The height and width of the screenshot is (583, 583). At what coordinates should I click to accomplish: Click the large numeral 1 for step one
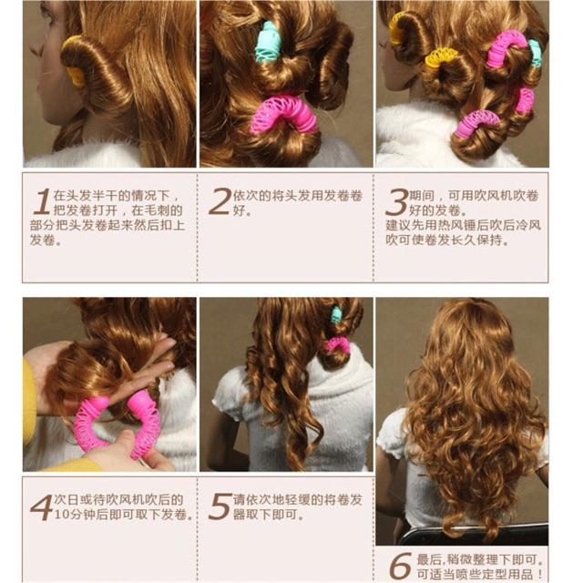pyautogui.click(x=42, y=201)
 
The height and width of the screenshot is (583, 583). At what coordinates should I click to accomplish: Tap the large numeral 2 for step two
pyautogui.click(x=220, y=201)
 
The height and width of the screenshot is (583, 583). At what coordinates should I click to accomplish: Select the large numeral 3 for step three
pyautogui.click(x=397, y=202)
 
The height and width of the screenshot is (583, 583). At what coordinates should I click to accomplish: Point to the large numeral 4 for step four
pyautogui.click(x=42, y=507)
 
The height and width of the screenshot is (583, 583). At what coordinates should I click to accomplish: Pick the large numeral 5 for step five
pyautogui.click(x=220, y=506)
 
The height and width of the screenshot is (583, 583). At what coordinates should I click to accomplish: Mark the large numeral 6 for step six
pyautogui.click(x=401, y=565)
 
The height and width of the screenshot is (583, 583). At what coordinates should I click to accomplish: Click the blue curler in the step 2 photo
pyautogui.click(x=268, y=42)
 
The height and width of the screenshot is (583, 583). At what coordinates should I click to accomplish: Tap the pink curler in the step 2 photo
pyautogui.click(x=283, y=113)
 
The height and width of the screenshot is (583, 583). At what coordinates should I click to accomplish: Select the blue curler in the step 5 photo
pyautogui.click(x=336, y=314)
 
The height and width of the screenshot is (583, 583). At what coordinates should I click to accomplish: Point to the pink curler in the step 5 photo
pyautogui.click(x=336, y=345)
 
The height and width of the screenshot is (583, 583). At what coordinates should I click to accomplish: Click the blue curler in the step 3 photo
pyautogui.click(x=535, y=53)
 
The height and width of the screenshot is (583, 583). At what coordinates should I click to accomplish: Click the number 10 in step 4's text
pyautogui.click(x=61, y=515)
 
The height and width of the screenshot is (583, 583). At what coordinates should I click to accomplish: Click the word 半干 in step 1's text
pyautogui.click(x=106, y=195)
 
